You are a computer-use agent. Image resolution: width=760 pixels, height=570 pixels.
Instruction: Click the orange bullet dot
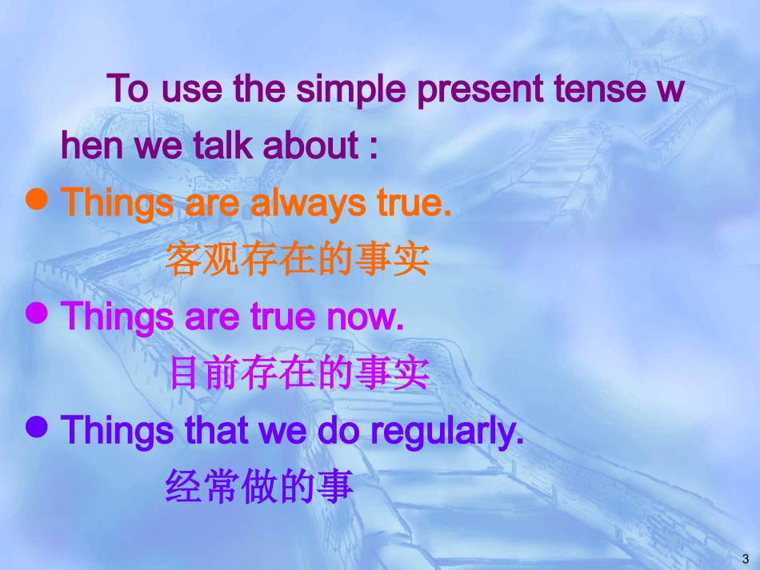point(36,199)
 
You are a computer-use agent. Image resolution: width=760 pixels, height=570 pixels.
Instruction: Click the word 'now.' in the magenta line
point(365,318)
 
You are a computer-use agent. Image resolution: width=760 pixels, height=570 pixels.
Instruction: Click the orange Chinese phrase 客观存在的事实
point(298,260)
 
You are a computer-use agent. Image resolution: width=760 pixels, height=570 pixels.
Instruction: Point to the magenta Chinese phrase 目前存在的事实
point(299,373)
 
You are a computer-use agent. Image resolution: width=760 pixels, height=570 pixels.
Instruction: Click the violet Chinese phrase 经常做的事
point(259,486)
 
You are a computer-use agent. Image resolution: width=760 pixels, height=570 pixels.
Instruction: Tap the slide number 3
point(746,559)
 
